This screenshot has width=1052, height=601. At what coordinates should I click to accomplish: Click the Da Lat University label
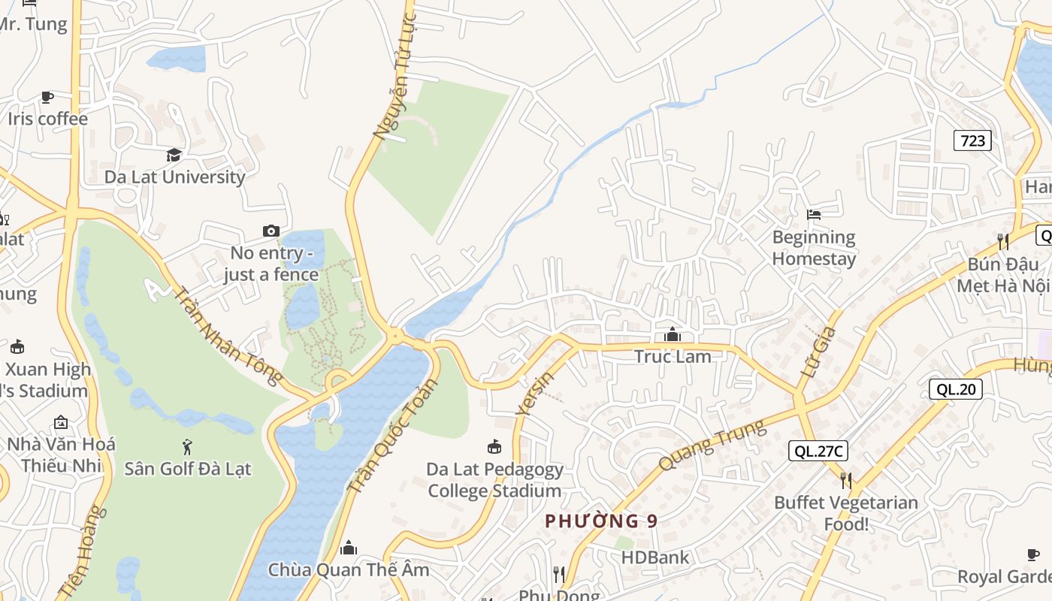pos(174,177)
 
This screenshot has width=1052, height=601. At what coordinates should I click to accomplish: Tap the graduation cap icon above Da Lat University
pos(174,155)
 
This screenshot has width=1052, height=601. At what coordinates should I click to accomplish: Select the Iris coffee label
pos(47,119)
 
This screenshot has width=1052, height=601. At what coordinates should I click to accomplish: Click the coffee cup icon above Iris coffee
pos(47,97)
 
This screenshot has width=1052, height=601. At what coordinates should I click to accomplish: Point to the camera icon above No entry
pos(271,231)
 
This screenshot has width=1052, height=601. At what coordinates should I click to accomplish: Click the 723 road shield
pos(972,140)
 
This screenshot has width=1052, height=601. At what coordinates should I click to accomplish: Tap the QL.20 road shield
pos(956,389)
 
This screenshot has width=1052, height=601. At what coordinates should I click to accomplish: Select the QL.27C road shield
pos(818,451)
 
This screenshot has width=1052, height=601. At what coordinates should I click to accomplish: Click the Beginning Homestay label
pos(814,249)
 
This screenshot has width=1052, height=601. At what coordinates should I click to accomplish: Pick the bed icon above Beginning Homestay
pos(814,215)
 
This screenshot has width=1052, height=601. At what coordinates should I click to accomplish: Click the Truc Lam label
pos(673,357)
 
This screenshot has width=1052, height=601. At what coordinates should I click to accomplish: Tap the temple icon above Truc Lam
pos(673,334)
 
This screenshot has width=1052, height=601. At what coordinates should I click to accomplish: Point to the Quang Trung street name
pos(712,445)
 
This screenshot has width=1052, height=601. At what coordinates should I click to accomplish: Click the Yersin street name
pos(537,394)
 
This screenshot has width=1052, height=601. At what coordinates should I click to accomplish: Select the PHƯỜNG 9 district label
pos(601,521)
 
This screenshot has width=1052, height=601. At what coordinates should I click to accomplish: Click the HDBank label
pos(654,557)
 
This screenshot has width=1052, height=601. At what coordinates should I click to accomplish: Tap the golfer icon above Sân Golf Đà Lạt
pos(187,448)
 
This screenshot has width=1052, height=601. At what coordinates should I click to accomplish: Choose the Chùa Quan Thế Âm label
pos(349,569)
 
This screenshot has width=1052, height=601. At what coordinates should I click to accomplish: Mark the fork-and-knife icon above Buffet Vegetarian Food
pos(846,480)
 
